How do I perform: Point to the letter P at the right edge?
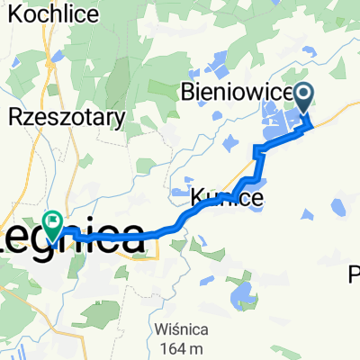(354, 274)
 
